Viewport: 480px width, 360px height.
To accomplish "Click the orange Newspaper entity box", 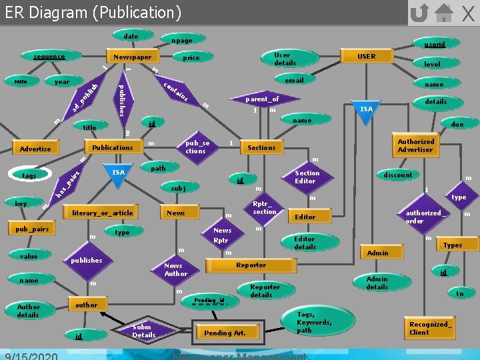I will [x=132, y=57].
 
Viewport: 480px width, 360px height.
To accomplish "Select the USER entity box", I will [x=367, y=57].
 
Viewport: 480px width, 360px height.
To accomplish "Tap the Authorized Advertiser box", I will [x=415, y=145].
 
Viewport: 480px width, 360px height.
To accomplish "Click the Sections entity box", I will [x=261, y=147].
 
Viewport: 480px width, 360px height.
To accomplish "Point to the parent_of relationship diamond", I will [x=261, y=99].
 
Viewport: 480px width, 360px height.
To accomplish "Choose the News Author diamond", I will [x=176, y=269].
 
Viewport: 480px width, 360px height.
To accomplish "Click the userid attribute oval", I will [x=435, y=44].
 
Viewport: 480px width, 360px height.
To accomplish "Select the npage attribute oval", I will [x=181, y=41].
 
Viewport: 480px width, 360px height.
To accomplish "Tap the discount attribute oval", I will [x=398, y=175].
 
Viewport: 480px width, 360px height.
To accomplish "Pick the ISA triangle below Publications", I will [x=118, y=173].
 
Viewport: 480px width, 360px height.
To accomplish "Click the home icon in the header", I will [x=443, y=13].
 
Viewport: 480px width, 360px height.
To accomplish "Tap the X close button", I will [x=468, y=13].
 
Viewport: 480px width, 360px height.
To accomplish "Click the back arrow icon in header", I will [x=419, y=13].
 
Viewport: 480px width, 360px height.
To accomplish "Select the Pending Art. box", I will [x=225, y=333].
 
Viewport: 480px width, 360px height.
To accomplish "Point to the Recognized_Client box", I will [x=430, y=328].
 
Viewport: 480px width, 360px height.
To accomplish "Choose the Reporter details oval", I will [x=265, y=291].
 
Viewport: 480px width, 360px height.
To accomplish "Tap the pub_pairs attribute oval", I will [x=31, y=229].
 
